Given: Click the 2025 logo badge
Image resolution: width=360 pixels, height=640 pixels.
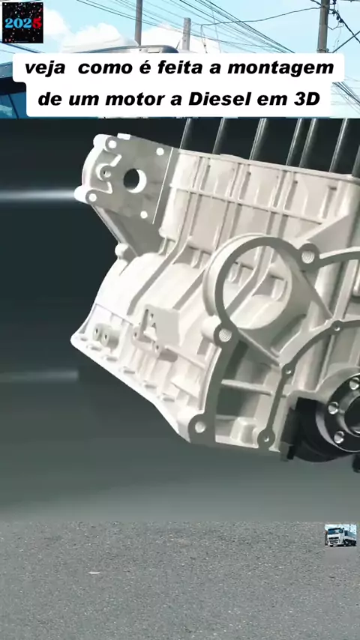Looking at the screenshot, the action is pos(22,22).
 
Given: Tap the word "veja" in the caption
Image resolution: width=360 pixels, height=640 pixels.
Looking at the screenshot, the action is pos(45,69).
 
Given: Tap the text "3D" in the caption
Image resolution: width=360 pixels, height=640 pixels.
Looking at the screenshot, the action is pos(307,99).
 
